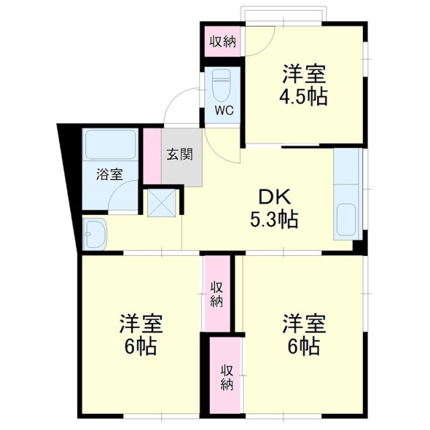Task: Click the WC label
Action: (224, 111)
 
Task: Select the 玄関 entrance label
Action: (180, 154)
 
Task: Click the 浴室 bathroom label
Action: (110, 175)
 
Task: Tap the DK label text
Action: (273, 198)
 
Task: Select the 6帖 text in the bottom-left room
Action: (141, 347)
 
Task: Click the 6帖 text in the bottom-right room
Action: (303, 347)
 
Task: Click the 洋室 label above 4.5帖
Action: (304, 73)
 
